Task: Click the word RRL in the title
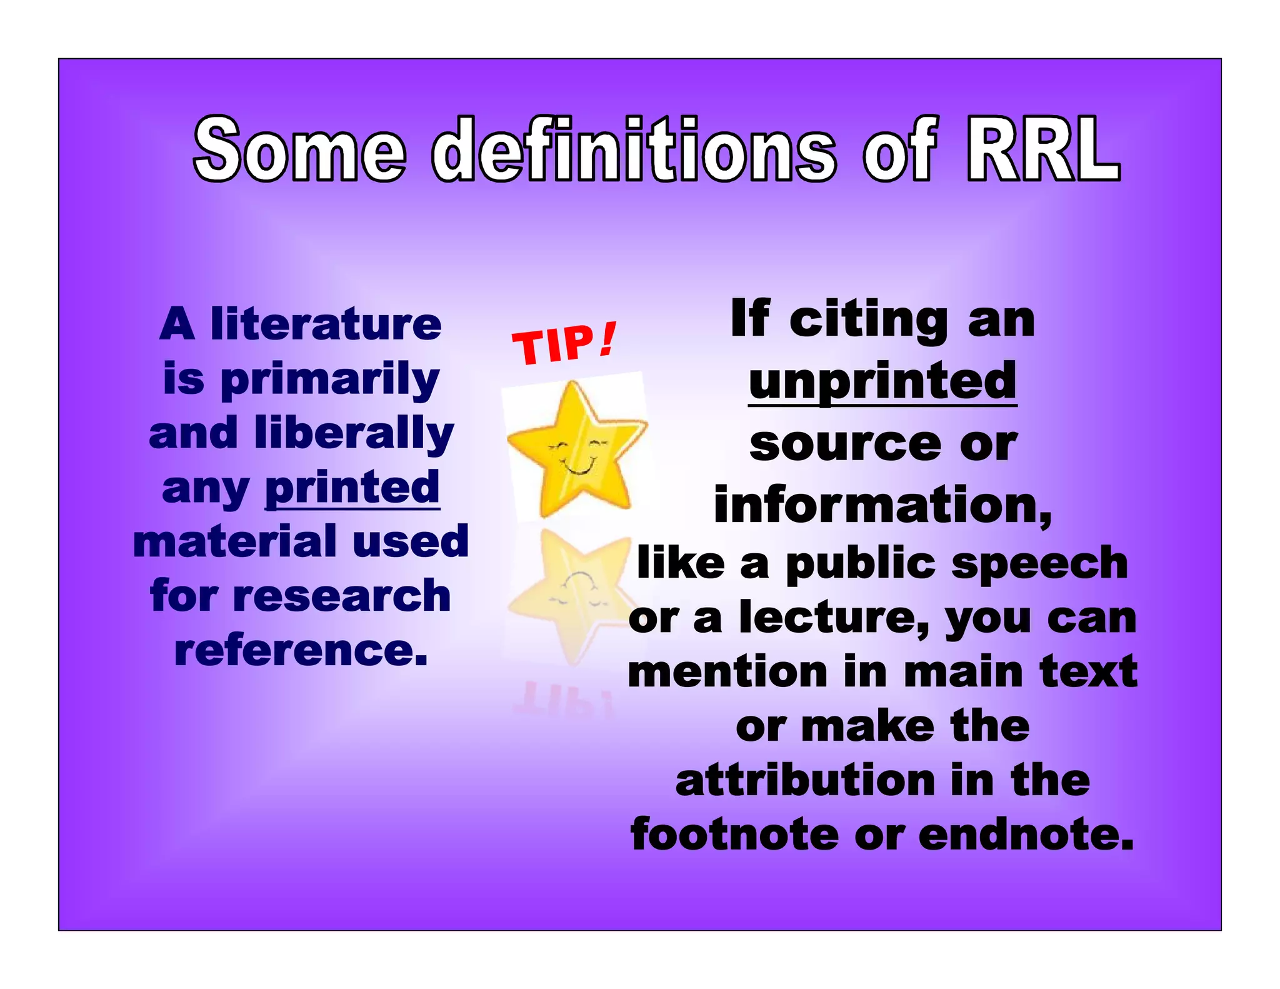(1042, 150)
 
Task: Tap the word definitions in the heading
(633, 150)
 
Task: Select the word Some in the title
(299, 150)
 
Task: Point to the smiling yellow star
(575, 448)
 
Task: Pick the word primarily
(330, 380)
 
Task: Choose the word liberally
(354, 433)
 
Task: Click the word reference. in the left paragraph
(301, 651)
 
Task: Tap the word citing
(869, 320)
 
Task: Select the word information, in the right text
(882, 505)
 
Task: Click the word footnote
(734, 835)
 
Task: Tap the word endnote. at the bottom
(1026, 835)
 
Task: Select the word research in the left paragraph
(341, 596)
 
